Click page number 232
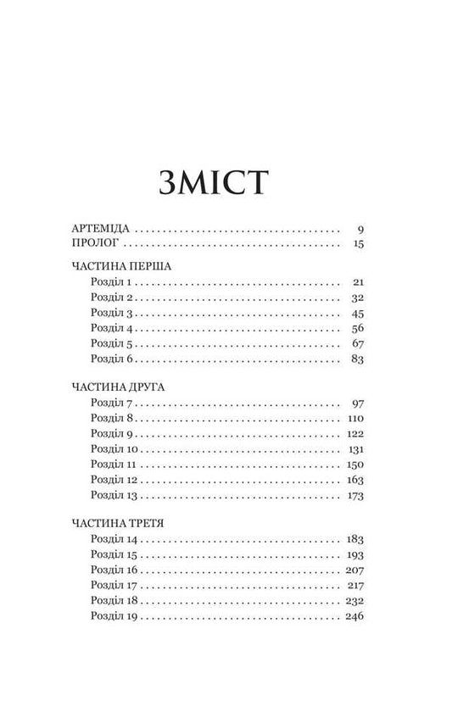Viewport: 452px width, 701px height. (x=354, y=599)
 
